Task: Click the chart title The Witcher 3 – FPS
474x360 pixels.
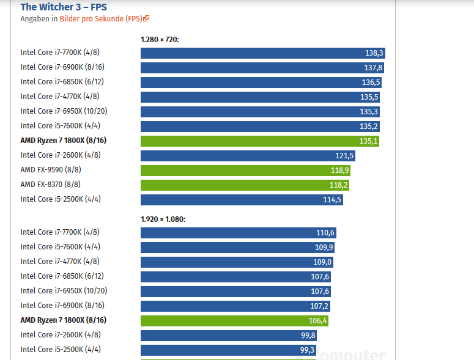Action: (x=64, y=7)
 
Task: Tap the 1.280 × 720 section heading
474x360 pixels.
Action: (x=159, y=40)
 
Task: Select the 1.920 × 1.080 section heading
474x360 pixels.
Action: (x=163, y=219)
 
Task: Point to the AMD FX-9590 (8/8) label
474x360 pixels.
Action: (x=51, y=170)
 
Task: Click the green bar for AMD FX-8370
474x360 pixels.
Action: (x=245, y=185)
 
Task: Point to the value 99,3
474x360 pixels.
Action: (x=308, y=350)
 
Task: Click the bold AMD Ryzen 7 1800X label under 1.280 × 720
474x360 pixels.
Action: (x=64, y=141)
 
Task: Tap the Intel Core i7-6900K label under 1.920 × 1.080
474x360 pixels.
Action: (x=62, y=306)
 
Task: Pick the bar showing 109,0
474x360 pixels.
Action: (x=235, y=262)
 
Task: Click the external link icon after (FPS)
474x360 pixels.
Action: (x=147, y=19)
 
